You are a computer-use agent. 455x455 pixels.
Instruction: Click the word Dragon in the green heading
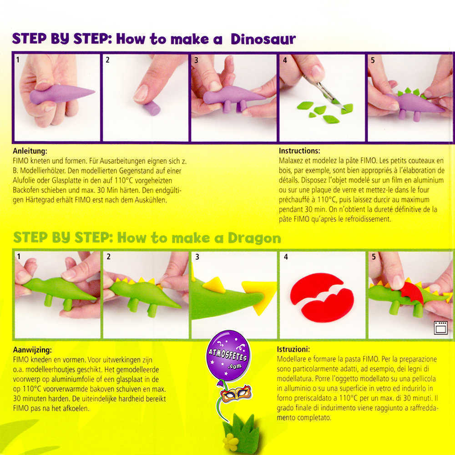pyautogui.click(x=254, y=238)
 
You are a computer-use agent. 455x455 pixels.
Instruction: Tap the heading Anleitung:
pyautogui.click(x=30, y=151)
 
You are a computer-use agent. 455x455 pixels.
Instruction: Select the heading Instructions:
pyautogui.click(x=299, y=151)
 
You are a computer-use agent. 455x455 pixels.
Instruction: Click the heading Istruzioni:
pyautogui.click(x=293, y=349)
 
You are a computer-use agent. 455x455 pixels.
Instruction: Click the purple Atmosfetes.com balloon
pyautogui.click(x=228, y=354)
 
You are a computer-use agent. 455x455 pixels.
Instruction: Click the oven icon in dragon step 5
pyautogui.click(x=440, y=328)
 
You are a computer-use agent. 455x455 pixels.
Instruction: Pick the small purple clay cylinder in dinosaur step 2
pyautogui.click(x=152, y=108)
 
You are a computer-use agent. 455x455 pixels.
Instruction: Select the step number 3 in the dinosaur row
pyautogui.click(x=196, y=60)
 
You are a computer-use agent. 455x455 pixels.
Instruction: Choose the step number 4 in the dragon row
pyautogui.click(x=286, y=257)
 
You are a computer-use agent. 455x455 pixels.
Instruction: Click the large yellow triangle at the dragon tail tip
pyautogui.click(x=260, y=297)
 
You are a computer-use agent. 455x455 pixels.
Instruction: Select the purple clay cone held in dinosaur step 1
pyautogui.click(x=61, y=94)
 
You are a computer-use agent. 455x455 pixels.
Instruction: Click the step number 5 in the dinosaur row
pyautogui.click(x=373, y=60)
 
